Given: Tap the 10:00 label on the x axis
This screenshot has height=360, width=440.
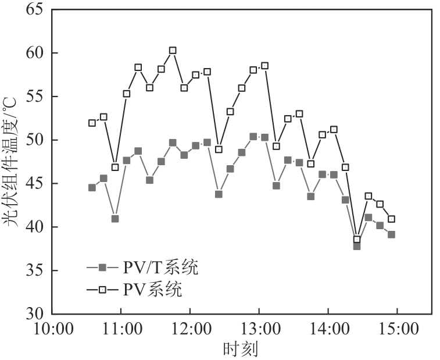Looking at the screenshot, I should pos(52,329).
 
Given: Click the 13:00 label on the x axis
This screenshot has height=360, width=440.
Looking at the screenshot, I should pos(259,329).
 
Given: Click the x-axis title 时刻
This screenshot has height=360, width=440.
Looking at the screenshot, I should pos(240,349).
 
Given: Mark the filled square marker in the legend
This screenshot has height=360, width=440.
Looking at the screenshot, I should pos(103,268).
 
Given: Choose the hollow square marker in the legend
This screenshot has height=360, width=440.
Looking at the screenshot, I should pos(103,289).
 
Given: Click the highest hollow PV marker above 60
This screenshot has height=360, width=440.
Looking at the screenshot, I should pos(173,51).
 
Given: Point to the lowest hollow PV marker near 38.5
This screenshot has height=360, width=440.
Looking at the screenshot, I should pos(357,239).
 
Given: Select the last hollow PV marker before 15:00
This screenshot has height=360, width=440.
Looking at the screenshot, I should pos(391,219).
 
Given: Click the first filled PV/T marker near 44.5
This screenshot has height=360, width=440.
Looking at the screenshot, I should pos(92,187).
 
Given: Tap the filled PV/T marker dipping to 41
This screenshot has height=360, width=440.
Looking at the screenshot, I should pos(115,219).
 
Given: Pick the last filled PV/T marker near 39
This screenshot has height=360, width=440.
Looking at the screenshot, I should pos(391,234).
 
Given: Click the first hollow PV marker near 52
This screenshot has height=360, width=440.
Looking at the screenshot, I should pos(92,123).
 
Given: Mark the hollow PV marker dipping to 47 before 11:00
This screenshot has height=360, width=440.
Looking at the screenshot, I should pos(115,167).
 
